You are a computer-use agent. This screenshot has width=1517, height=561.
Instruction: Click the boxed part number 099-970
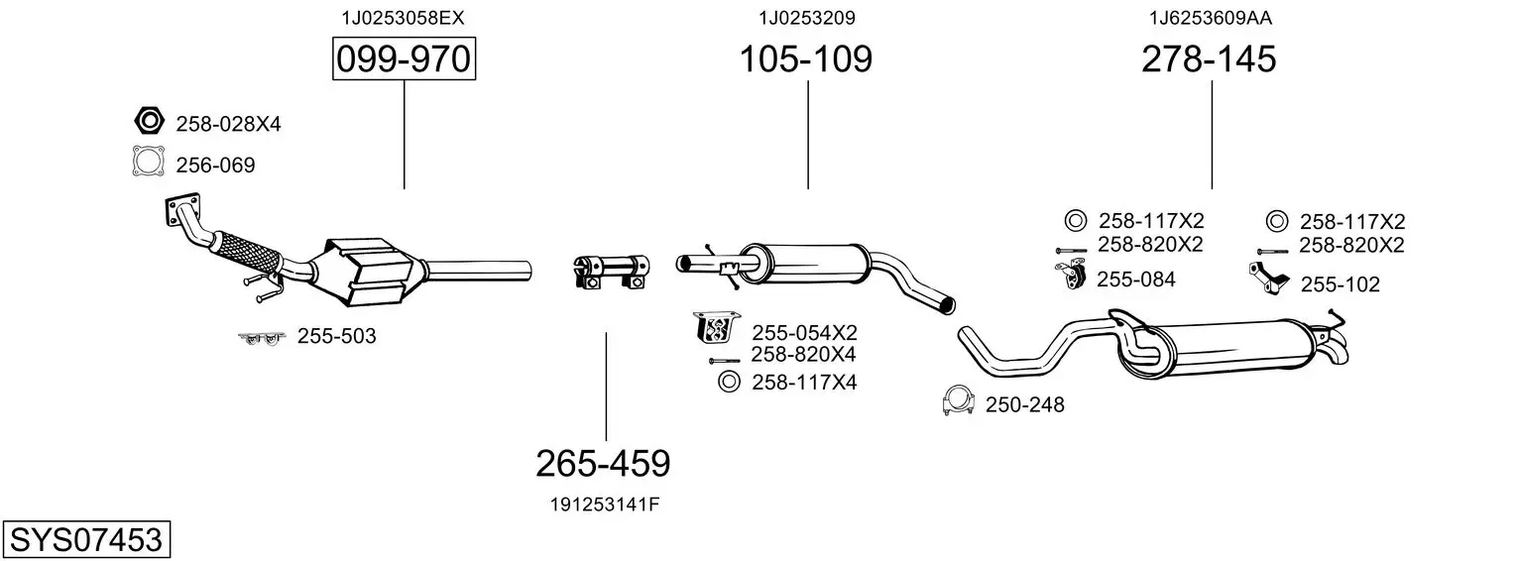point(404,58)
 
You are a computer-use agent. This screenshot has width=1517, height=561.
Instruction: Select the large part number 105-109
point(806,58)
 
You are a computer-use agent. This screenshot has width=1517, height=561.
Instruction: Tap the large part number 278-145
point(1209,58)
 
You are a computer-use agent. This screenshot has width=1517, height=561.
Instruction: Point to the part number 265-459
point(603,464)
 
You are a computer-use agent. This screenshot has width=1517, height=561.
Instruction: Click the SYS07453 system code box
point(86,539)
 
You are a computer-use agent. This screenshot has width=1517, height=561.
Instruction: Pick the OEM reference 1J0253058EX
point(403,18)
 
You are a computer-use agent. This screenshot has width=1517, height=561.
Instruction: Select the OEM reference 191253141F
point(604,505)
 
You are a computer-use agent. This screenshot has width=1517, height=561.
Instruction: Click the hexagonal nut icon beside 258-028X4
point(149,121)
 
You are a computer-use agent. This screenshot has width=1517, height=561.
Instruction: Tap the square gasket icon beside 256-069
point(149,162)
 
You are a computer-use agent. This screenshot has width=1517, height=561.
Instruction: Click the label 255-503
point(336,336)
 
